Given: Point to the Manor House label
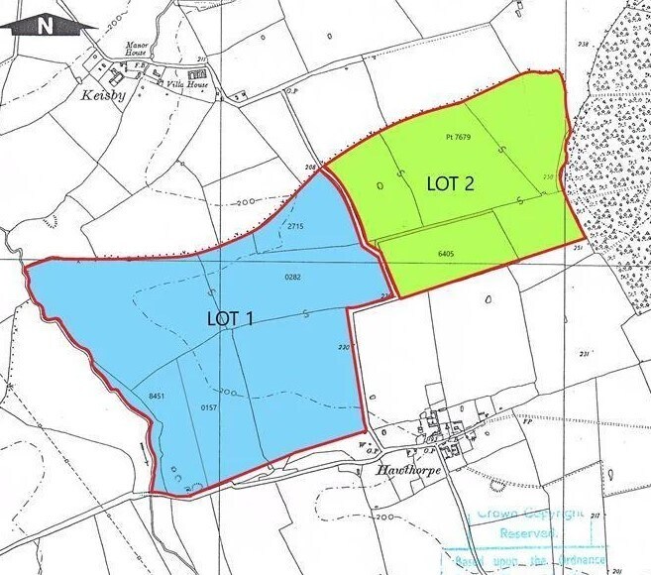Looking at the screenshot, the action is [x=136, y=48].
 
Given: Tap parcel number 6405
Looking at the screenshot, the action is [x=445, y=254].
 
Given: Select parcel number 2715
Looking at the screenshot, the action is [x=294, y=227].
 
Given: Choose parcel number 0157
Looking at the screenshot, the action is [x=208, y=407].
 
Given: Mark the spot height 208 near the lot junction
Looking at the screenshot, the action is [x=310, y=169].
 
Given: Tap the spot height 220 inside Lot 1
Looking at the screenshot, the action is [x=344, y=347].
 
